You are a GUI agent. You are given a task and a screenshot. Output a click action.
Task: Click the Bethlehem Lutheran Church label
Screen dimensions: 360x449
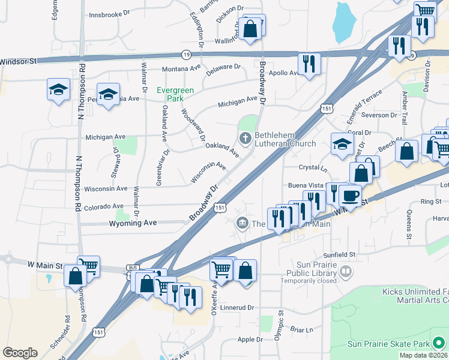(285, 139)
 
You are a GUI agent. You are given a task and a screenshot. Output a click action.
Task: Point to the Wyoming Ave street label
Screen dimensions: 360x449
(133, 223)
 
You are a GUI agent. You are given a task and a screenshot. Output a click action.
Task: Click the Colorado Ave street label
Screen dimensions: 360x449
(104, 206)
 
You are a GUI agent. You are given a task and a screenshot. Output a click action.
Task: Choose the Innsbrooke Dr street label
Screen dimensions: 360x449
(109, 14)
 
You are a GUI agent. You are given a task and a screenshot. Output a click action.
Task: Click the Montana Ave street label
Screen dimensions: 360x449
(181, 68)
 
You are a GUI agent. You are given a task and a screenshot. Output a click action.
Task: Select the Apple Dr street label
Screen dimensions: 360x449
(250, 340)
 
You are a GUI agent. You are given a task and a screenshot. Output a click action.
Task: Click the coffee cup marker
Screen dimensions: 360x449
(350, 195)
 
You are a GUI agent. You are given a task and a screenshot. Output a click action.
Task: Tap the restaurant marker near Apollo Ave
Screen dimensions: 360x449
(309, 64)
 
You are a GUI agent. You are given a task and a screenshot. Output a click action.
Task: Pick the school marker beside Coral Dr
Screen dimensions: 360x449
(342, 145)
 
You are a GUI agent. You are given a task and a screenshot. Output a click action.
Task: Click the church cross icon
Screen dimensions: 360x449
(245, 139)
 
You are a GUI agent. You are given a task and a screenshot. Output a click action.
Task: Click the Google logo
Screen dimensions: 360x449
(20, 353)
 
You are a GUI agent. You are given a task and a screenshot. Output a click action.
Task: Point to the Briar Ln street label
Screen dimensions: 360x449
(302, 329)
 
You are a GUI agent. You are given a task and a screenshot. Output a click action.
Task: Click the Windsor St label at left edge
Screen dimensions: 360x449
(19, 61)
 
